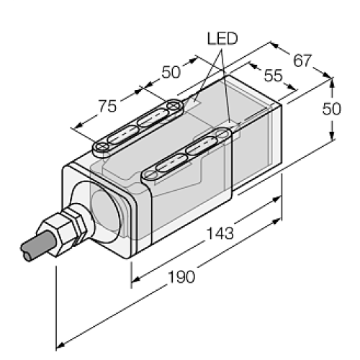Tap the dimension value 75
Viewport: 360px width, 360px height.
[107, 107]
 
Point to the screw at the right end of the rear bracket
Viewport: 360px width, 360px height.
[173, 107]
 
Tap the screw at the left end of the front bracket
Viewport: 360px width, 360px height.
[152, 173]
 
